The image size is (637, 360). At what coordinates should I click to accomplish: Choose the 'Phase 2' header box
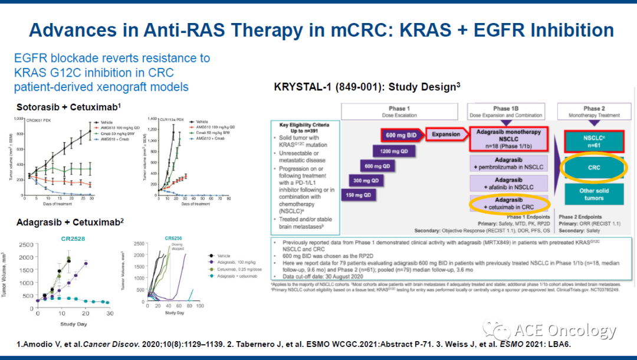pos(594,112)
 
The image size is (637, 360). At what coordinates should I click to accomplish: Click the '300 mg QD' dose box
pos(366,181)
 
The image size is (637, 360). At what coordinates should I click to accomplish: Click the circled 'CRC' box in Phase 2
pos(594,168)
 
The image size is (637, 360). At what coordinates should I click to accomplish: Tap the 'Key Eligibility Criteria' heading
pos(305,125)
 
